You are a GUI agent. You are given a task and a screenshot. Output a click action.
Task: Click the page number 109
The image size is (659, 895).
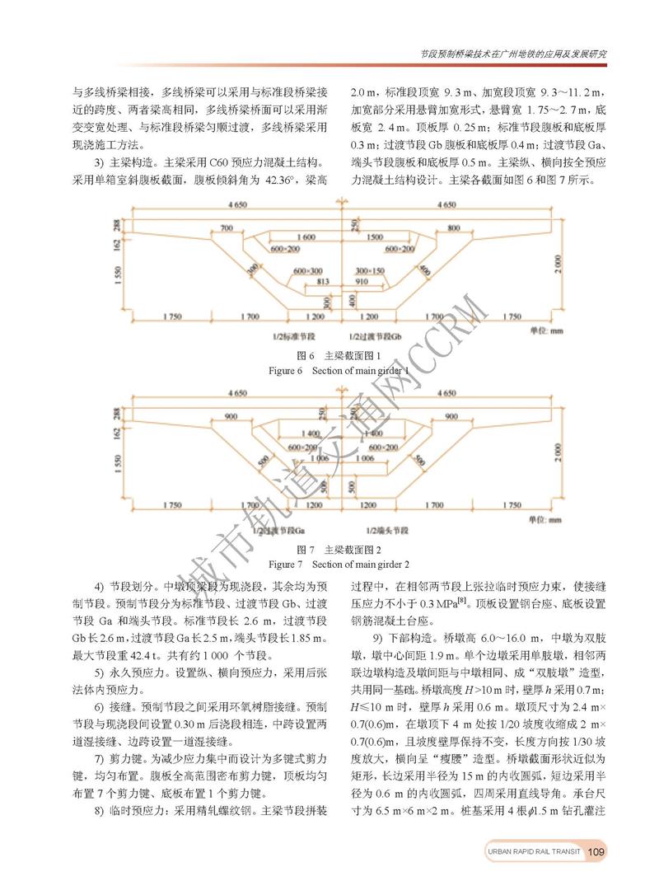click(597, 851)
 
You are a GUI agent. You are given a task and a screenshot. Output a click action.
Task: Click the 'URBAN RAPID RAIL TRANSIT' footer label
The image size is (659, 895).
click(531, 851)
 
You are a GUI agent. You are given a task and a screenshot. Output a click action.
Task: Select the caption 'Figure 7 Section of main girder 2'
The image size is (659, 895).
click(339, 565)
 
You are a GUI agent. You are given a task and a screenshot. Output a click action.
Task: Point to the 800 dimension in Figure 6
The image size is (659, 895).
click(453, 227)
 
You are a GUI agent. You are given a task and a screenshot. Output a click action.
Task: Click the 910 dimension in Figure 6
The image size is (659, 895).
click(361, 281)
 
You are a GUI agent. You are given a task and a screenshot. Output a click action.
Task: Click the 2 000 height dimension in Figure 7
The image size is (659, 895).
click(560, 454)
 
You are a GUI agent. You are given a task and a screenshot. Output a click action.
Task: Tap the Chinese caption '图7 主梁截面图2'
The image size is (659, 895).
click(339, 549)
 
